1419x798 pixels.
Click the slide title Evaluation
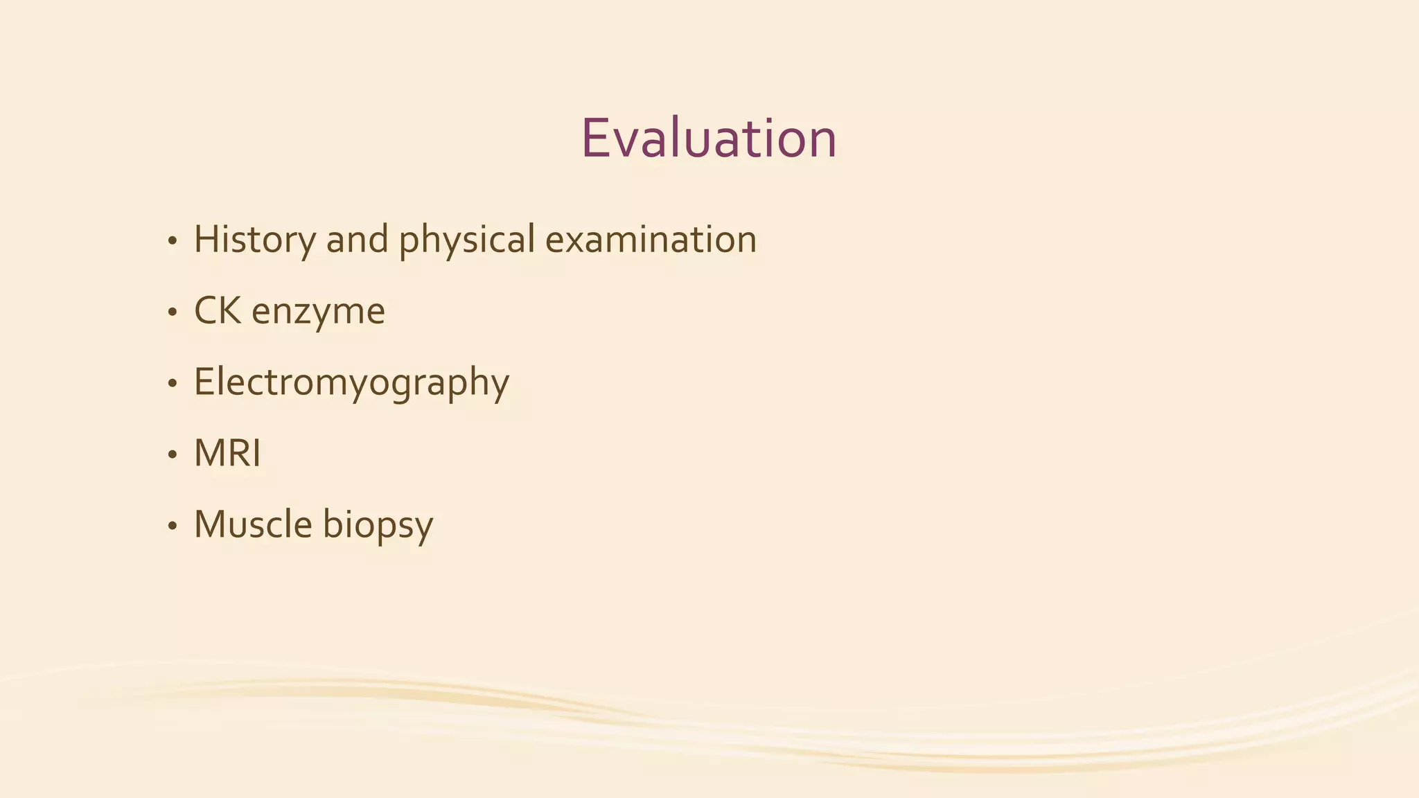[709, 139]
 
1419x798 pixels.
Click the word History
[254, 240]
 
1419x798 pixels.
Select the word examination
[651, 240]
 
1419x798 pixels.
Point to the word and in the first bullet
[357, 240]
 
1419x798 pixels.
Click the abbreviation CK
[218, 311]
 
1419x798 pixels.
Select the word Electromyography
[351, 383]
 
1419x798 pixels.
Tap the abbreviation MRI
[227, 454]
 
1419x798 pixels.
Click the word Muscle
[253, 524]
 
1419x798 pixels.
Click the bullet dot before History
[172, 242]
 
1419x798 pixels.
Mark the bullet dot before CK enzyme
[172, 314]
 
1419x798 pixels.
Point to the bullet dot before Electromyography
[172, 384]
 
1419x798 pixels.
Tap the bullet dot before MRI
[172, 456]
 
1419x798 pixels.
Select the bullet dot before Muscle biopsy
[172, 527]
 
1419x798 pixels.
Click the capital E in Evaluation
[597, 139]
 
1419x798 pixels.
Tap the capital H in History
[206, 240]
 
